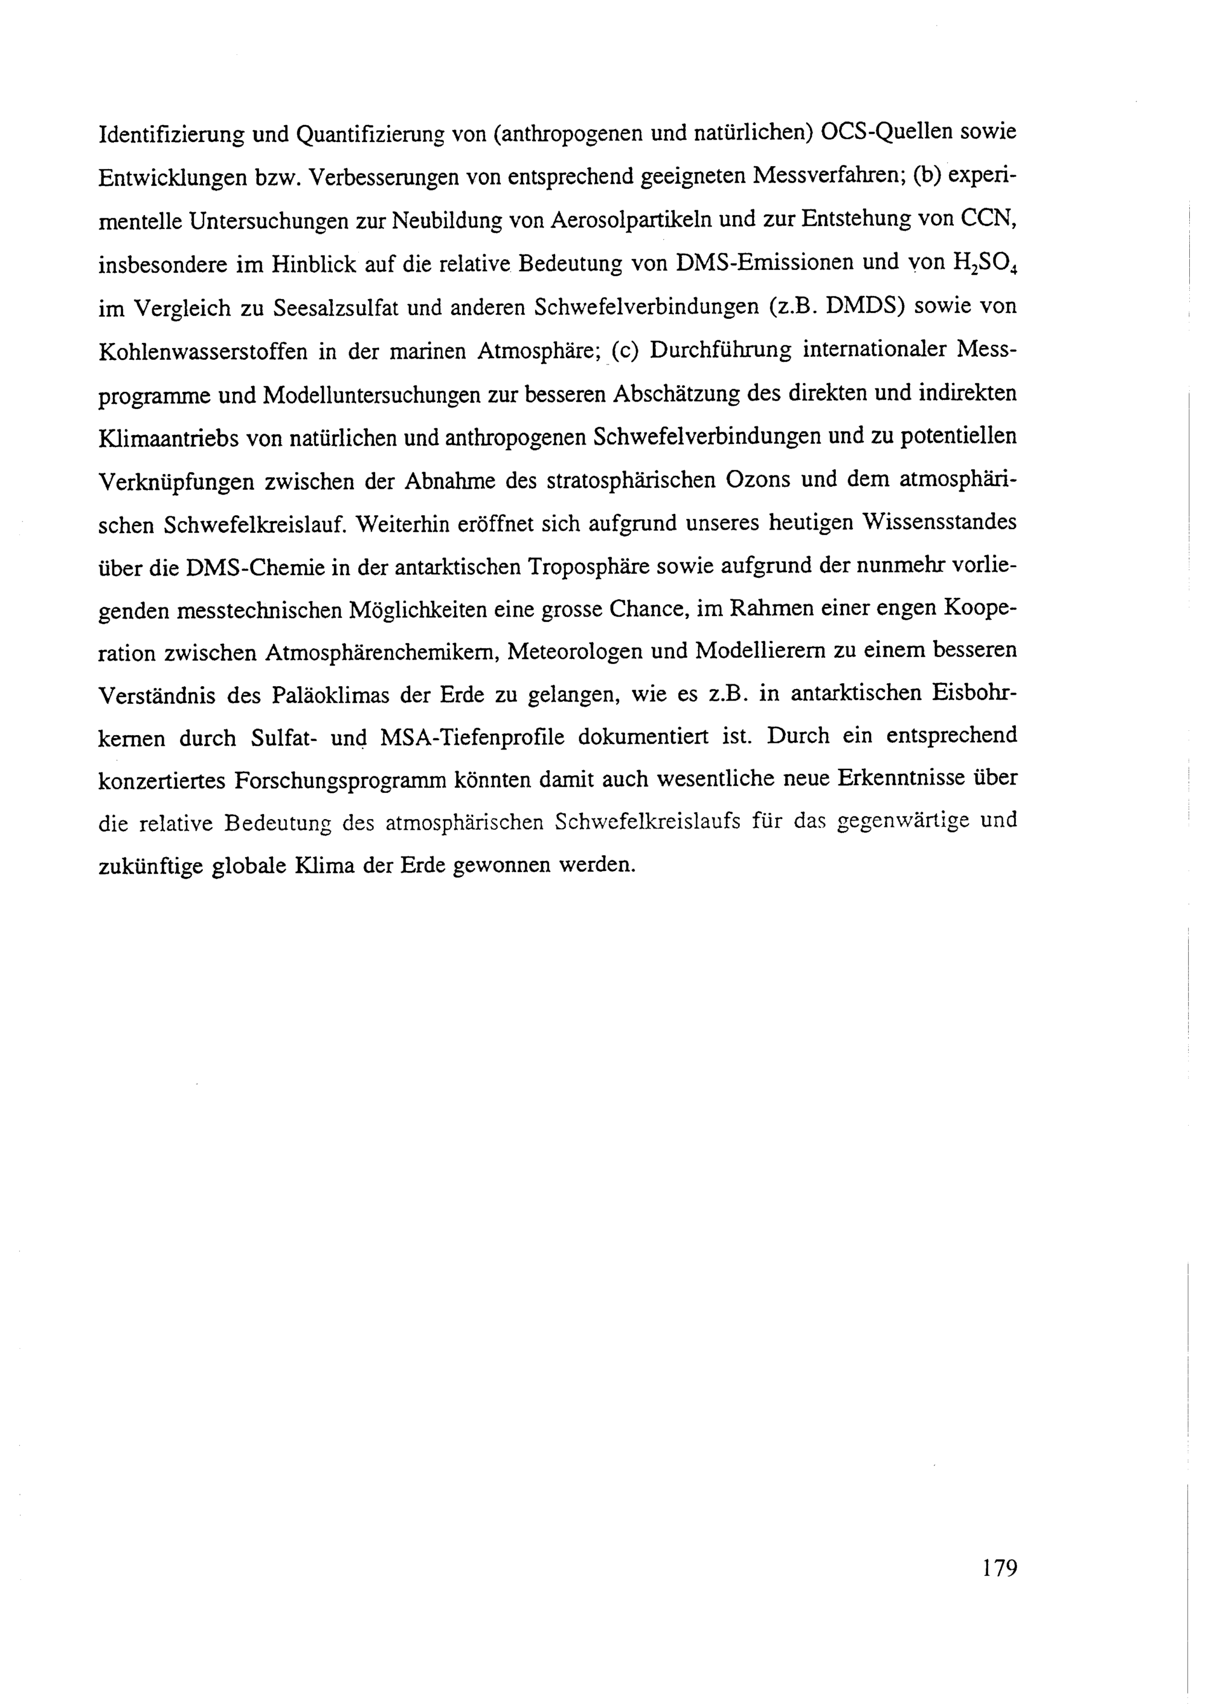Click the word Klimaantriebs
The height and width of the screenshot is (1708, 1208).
point(167,437)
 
